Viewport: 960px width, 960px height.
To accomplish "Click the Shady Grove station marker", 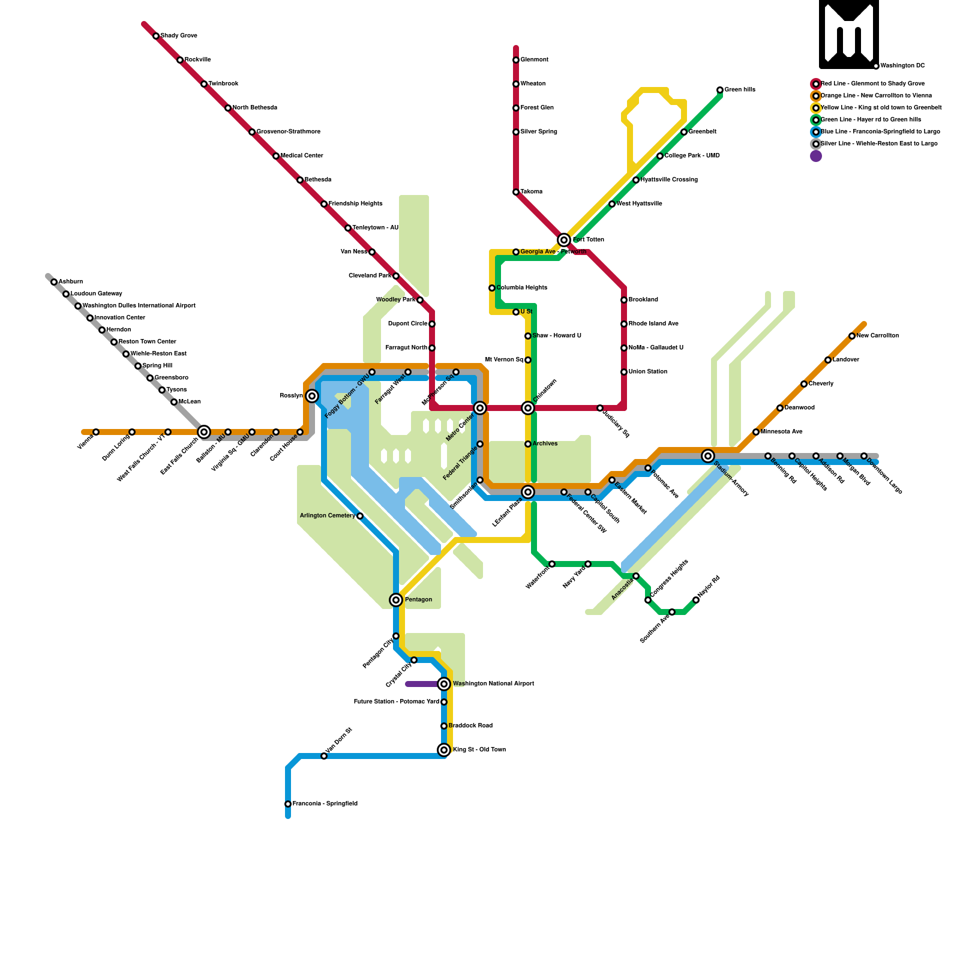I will [x=156, y=36].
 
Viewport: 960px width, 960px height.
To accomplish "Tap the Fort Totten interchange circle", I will [x=564, y=240].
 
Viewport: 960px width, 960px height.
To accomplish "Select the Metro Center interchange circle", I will [x=480, y=408].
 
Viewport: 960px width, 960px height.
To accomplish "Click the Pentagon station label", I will [x=418, y=600].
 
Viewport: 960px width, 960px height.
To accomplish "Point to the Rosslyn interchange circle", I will [x=312, y=396].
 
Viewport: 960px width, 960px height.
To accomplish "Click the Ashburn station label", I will [x=71, y=282].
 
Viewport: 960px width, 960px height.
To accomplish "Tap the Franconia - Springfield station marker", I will [x=288, y=804].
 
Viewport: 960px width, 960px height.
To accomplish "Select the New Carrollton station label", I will [x=877, y=336].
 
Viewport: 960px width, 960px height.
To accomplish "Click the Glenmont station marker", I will [x=516, y=60].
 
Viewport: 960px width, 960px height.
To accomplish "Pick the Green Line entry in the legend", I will [x=871, y=120].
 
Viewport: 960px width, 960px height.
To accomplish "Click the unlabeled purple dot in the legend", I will [x=816, y=156].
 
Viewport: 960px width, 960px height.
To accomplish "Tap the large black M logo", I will [x=849, y=34].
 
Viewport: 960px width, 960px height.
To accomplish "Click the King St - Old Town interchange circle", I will [x=444, y=750].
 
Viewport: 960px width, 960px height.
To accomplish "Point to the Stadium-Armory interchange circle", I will [x=708, y=456].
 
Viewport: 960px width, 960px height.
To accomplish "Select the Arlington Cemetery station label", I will [x=328, y=516].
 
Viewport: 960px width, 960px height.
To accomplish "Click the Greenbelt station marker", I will [x=684, y=132].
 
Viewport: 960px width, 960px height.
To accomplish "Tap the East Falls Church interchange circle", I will [x=204, y=432].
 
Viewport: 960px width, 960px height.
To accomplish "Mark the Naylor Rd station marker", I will [x=696, y=600].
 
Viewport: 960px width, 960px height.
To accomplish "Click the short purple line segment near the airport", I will [x=423, y=684].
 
